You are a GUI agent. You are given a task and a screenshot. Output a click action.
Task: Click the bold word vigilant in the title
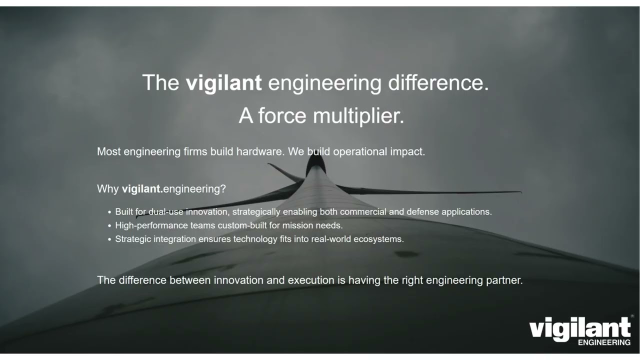(223, 82)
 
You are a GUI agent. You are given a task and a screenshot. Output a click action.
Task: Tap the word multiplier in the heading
(358, 115)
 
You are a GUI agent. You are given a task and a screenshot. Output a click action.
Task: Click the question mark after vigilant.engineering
(223, 189)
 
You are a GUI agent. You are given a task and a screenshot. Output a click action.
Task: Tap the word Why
(108, 189)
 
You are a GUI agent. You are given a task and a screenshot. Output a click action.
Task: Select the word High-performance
(151, 225)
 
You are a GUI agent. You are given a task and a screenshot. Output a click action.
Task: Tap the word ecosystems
(378, 239)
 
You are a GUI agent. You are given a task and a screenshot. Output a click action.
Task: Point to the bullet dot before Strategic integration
(109, 239)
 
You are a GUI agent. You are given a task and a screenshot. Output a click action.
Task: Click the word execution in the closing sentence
(311, 280)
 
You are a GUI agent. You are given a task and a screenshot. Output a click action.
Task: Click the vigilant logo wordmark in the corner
(579, 328)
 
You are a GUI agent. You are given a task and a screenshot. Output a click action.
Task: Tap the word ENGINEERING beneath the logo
(604, 342)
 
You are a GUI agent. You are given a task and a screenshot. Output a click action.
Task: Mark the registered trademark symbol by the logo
(632, 316)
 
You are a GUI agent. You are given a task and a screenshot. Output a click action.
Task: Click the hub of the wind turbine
(315, 164)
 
